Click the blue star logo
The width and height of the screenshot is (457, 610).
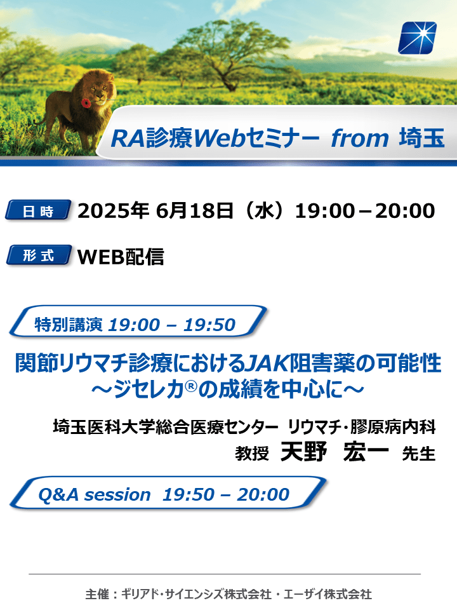coord(417,37)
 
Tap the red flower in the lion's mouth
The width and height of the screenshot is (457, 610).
coord(86,103)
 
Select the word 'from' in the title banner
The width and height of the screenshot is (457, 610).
coord(359,138)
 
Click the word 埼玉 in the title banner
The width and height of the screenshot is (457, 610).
coord(422,138)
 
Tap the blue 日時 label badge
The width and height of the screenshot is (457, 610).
coord(38,210)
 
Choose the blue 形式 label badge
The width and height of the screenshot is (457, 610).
coord(39,255)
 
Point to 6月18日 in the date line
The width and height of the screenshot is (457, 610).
coord(195,210)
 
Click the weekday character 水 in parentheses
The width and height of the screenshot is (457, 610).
coord(264,211)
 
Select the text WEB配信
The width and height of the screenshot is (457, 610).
coord(121,256)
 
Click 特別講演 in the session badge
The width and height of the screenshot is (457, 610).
coord(69,325)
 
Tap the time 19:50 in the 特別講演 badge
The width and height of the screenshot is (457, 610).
coord(210,325)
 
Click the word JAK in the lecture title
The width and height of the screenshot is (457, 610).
coord(268,363)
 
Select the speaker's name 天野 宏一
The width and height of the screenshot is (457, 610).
coord(334,452)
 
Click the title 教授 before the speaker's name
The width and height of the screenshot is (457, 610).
coord(252,454)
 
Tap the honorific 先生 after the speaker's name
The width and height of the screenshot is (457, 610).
coord(419,454)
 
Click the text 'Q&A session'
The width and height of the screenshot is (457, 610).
coord(95,495)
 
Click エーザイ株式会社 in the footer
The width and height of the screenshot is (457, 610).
coord(328,595)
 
